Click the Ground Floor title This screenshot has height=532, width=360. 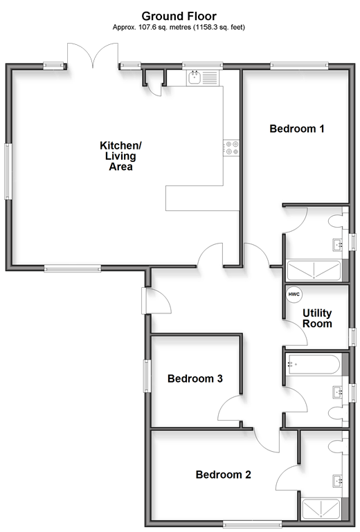pos(179,16)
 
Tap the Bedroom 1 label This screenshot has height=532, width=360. pos(297,129)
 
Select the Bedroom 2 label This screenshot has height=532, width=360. pos(223,475)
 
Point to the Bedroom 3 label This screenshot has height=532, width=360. pos(195,378)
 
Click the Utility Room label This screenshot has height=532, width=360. pos(317,318)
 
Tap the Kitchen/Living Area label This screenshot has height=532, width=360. pos(120,156)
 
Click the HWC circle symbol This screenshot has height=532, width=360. pos(294,294)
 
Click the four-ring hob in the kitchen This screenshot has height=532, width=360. pos(231,148)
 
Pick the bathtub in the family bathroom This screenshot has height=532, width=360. pos(313,364)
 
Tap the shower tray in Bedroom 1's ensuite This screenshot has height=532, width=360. pos(314,270)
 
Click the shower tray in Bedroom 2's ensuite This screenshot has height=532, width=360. pos(321,509)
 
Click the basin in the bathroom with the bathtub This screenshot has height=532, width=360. pos(338,392)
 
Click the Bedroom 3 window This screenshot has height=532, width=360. pos(147,376)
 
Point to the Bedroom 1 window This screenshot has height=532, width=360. pos(299,66)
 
